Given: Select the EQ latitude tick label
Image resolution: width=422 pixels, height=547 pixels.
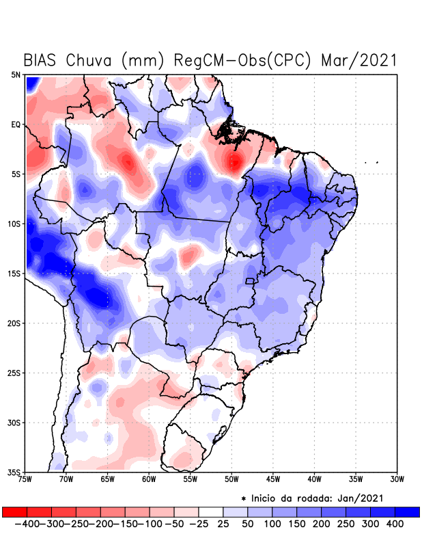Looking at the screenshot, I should pyautogui.click(x=16, y=124).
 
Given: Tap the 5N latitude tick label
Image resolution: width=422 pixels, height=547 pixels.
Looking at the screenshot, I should pyautogui.click(x=16, y=75).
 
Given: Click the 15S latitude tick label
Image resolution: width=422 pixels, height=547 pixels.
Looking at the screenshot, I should pyautogui.click(x=14, y=273).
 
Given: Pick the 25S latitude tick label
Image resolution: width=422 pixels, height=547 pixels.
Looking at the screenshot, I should pyautogui.click(x=14, y=373).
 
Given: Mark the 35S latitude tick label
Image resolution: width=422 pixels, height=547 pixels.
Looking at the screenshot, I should pyautogui.click(x=14, y=472).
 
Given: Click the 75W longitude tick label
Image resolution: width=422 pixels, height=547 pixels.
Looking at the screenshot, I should pyautogui.click(x=25, y=479).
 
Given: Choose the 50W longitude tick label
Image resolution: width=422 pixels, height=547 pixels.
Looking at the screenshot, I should pyautogui.click(x=232, y=479).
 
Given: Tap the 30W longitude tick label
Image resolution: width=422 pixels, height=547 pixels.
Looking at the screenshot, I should pyautogui.click(x=397, y=479).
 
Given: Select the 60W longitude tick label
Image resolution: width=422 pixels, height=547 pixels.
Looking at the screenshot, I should pyautogui.click(x=149, y=479).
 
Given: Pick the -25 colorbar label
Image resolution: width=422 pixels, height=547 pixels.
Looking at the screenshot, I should pyautogui.click(x=198, y=524).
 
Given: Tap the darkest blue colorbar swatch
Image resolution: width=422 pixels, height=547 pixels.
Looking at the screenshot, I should pyautogui.click(x=408, y=511).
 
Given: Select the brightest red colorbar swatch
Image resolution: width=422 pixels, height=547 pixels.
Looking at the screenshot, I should pyautogui.click(x=14, y=511).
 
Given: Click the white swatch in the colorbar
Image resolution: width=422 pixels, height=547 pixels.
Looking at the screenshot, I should pyautogui.click(x=211, y=511).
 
